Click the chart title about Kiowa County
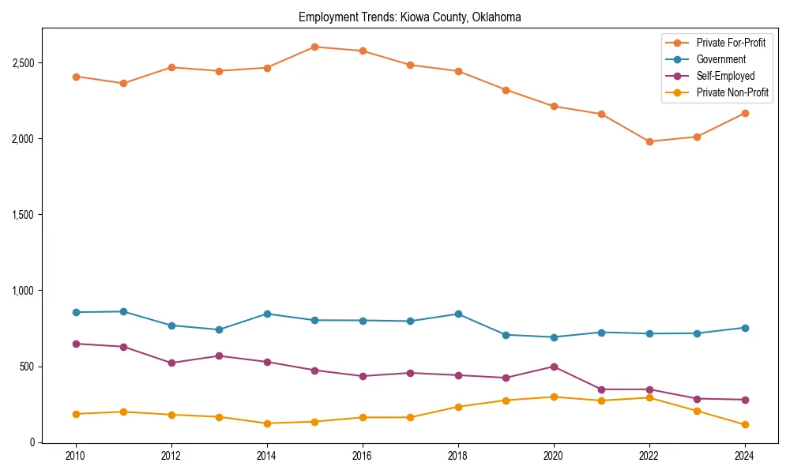click(409, 17)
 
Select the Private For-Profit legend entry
click(730, 43)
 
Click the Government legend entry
click(720, 59)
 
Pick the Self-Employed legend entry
click(725, 76)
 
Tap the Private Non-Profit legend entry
click(732, 92)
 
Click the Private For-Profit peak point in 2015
click(314, 47)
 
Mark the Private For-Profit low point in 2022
click(649, 141)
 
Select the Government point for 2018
click(458, 314)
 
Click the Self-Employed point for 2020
click(554, 367)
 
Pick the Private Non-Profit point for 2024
click(745, 425)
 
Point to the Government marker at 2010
click(76, 312)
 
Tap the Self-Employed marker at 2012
click(171, 363)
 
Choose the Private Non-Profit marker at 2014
click(267, 423)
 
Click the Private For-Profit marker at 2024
click(745, 113)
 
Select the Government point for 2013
click(219, 329)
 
